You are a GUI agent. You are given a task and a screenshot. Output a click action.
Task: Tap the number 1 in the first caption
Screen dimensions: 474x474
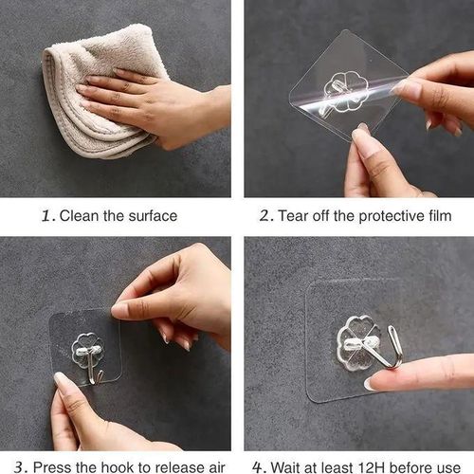point(46,216)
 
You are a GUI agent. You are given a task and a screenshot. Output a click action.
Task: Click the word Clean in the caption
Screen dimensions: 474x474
point(81,216)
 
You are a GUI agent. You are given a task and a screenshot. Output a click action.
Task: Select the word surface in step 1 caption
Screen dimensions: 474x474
point(153,216)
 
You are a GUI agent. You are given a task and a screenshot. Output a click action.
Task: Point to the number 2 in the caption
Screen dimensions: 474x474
point(265,216)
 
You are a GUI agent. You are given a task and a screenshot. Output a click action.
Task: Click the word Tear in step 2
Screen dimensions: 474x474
point(295,216)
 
